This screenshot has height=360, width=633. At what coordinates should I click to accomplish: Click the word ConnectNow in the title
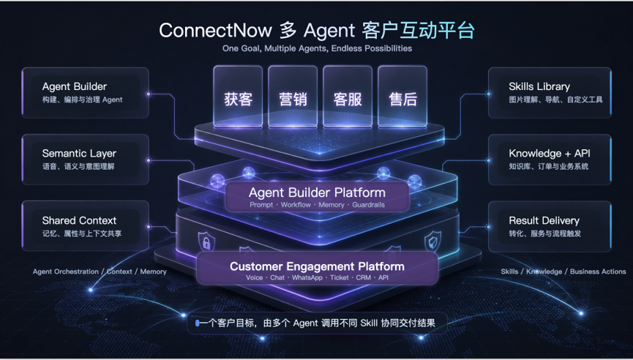click(215, 30)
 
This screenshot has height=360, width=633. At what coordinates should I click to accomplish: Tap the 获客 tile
click(238, 97)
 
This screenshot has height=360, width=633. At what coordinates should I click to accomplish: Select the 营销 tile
click(293, 97)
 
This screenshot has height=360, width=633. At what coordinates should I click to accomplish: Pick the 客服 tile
click(348, 97)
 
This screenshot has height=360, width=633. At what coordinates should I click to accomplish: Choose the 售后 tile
click(402, 97)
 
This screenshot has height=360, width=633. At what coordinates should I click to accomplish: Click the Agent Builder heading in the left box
click(75, 86)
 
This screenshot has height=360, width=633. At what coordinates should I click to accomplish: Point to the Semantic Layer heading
click(79, 154)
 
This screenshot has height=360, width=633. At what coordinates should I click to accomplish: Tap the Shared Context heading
click(79, 220)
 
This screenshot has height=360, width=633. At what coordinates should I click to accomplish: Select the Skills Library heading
click(539, 86)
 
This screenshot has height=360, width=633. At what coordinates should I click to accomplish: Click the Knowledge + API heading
click(550, 154)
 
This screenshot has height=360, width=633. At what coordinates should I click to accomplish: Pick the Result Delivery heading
click(544, 220)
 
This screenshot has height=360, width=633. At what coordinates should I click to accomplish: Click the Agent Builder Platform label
click(317, 192)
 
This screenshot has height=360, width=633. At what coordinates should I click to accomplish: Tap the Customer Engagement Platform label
click(317, 266)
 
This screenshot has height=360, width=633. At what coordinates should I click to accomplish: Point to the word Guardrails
click(368, 205)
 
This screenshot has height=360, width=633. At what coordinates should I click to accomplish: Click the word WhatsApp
click(307, 277)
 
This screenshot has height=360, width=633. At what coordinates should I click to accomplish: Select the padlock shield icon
click(206, 241)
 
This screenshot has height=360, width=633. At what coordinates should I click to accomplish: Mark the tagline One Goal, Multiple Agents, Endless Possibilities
click(317, 48)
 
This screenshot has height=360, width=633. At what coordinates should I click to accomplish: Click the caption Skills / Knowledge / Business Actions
click(563, 271)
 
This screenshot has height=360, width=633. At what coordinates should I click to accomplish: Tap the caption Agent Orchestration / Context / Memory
click(100, 271)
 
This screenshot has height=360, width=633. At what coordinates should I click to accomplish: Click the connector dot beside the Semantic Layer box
click(149, 160)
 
